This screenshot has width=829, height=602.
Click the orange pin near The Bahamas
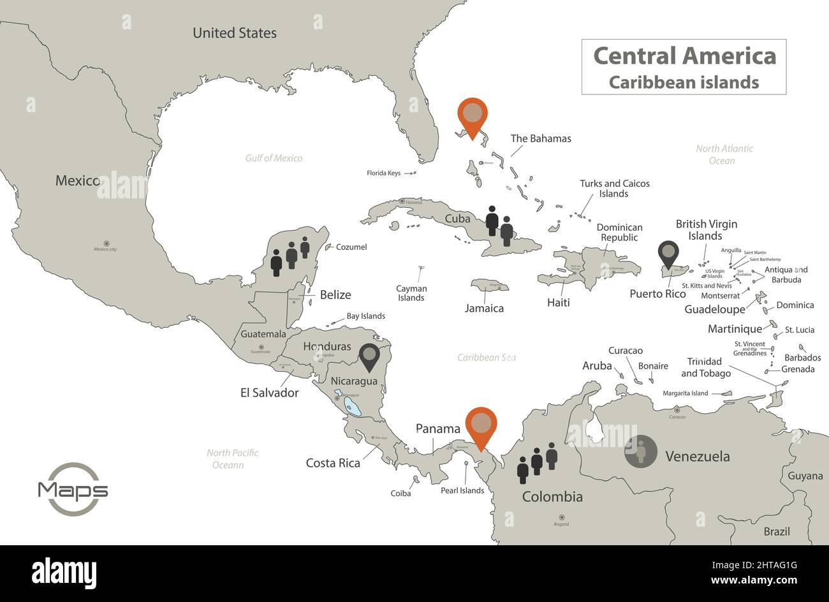472,115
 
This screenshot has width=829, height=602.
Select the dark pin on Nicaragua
369,356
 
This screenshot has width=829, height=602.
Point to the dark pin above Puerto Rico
668,253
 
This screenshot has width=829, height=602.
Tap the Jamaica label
484,309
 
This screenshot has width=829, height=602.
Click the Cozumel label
351,247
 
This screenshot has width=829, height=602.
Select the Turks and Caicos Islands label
614,188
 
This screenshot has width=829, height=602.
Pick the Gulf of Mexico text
274,158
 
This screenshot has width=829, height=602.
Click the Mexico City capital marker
106,243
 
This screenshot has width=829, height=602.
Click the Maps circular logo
73,490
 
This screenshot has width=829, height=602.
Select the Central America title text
684,56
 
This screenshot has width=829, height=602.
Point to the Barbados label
802,358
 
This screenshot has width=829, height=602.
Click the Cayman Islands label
411,293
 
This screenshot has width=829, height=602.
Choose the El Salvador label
269,393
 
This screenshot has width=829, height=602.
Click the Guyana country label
805,476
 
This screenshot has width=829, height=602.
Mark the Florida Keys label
383,173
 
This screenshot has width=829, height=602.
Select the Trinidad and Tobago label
705,367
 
